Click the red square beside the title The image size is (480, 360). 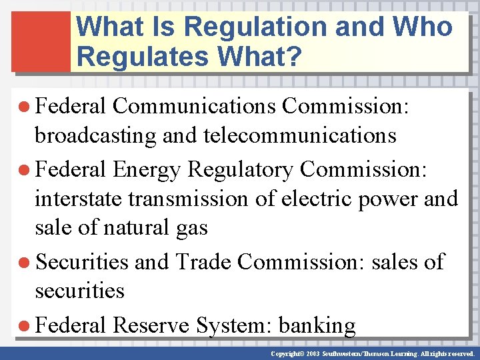[41, 41]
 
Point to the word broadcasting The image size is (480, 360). [95, 136]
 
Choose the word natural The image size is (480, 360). [127, 228]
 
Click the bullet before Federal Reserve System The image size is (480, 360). [26, 326]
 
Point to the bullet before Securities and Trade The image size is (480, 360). [26, 262]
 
